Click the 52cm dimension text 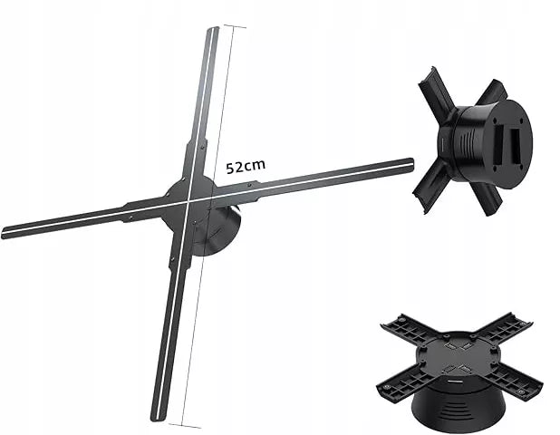click(246, 167)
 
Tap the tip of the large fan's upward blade click(213, 29)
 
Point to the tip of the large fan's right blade click(411, 164)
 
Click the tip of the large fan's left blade click(4, 233)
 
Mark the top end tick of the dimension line click(235, 25)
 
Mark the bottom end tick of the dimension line click(184, 425)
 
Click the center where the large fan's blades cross click(188, 201)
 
